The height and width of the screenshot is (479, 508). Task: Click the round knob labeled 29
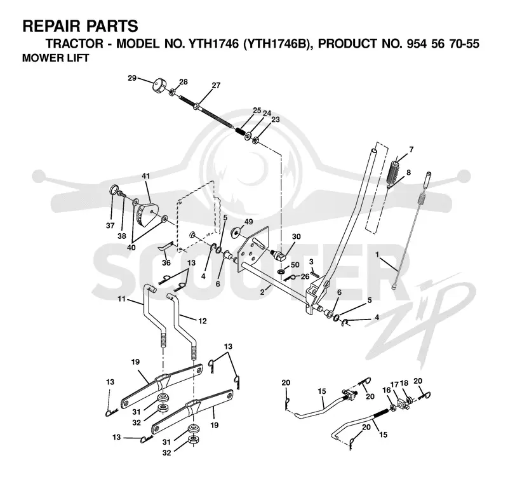159,85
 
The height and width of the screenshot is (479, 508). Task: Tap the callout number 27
216,85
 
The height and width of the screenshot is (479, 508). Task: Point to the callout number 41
146,177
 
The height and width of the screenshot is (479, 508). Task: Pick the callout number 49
248,222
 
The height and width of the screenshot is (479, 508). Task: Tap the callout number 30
297,236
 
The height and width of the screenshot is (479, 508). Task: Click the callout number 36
166,262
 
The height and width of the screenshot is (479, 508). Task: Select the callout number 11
121,299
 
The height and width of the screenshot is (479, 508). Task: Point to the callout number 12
203,321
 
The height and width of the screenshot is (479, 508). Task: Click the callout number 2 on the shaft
263,292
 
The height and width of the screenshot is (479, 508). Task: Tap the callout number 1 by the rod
377,254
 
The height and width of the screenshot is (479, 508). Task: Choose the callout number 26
305,276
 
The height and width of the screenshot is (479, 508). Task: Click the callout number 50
295,265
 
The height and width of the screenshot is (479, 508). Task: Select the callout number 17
394,384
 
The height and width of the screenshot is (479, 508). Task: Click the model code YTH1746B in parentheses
275,43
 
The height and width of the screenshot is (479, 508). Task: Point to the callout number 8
408,172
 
